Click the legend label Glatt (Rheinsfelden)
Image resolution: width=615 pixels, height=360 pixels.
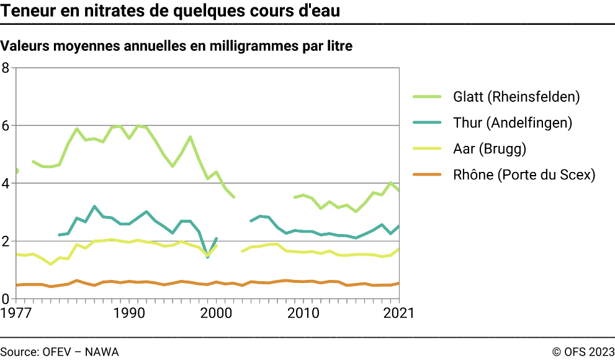(x=516, y=97)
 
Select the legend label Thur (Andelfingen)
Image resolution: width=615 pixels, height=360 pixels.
(x=513, y=123)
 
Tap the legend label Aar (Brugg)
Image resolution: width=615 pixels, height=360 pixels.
(x=490, y=149)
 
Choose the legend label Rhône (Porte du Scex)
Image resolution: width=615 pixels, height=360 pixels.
(x=524, y=175)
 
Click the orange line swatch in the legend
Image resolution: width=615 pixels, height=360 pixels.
(x=427, y=175)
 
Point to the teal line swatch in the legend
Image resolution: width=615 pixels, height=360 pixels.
(x=427, y=123)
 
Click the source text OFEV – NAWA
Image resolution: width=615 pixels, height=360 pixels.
(x=80, y=351)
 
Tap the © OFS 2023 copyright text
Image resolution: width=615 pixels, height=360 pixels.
(x=583, y=351)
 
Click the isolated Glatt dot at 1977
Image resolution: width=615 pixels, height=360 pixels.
(x=16, y=171)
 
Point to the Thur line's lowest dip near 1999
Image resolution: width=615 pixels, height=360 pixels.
(x=207, y=256)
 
